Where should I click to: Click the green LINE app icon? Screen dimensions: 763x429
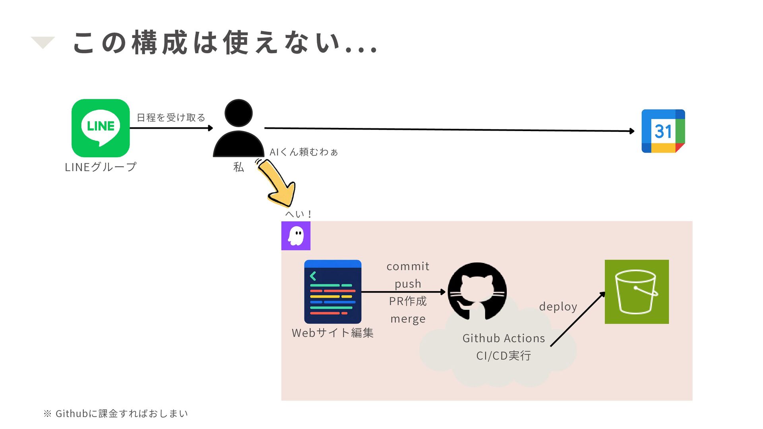[101, 128]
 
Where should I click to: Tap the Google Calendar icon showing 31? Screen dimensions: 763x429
[663, 131]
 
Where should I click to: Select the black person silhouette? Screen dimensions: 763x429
[238, 128]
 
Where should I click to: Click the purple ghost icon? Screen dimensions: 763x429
[296, 236]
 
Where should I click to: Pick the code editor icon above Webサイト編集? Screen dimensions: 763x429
[333, 292]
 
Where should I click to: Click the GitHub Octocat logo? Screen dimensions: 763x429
[477, 291]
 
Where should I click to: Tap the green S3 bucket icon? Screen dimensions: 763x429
[637, 292]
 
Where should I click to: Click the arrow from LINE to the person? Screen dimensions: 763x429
[172, 128]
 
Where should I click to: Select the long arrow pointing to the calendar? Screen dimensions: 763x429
[449, 129]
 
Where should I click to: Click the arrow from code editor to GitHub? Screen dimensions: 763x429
[403, 292]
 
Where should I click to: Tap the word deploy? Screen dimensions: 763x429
[558, 307]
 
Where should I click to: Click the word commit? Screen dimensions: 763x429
[408, 266]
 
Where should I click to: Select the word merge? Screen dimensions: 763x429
[408, 319]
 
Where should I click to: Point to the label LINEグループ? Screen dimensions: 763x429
[101, 167]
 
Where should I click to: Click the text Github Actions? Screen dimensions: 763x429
[504, 338]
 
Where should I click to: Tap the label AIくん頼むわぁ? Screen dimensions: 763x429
[304, 152]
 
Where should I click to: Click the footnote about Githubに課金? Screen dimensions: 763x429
[115, 414]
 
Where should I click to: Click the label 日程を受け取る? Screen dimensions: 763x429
[171, 118]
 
